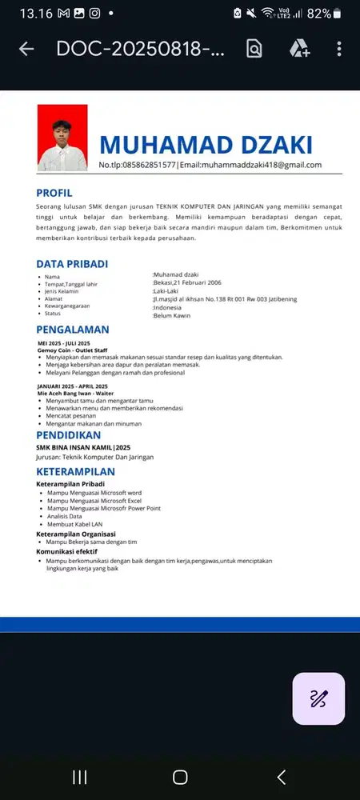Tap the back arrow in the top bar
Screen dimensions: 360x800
(x=26, y=49)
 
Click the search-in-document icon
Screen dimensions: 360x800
(x=254, y=49)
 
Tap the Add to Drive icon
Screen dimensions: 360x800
(x=299, y=49)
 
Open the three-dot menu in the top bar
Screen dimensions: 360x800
(x=340, y=49)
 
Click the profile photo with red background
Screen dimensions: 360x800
(x=62, y=137)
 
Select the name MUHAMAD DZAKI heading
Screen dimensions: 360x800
(x=206, y=145)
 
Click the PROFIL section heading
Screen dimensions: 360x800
(x=54, y=193)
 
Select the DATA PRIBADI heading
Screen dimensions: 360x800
(x=72, y=264)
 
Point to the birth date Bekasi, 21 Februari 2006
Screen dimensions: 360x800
(x=187, y=282)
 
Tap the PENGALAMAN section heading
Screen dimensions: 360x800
(x=73, y=330)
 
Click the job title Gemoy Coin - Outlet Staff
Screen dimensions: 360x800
(x=72, y=350)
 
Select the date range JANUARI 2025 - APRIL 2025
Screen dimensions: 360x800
(x=72, y=386)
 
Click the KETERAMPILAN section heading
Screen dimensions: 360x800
(x=81, y=471)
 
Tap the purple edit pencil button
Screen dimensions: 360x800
(x=318, y=698)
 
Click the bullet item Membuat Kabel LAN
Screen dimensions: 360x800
(x=75, y=524)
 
